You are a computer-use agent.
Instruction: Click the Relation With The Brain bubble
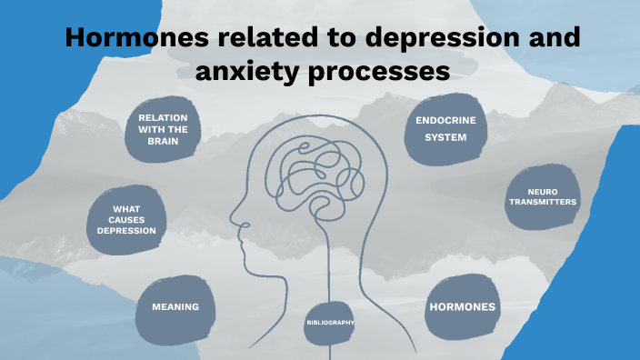pos(164,130)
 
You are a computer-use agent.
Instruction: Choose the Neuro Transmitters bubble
pos(542,197)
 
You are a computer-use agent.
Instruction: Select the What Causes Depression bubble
pos(126,220)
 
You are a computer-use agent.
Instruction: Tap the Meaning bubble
pos(175,306)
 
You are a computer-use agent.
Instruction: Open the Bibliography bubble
pos(329,323)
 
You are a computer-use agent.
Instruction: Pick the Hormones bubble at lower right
pos(462,306)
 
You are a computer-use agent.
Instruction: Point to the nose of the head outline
pos(235,221)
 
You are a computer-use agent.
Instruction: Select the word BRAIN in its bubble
pos(164,142)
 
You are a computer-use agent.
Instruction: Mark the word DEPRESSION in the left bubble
pos(127,231)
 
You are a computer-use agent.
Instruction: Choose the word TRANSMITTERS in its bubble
pos(542,202)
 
